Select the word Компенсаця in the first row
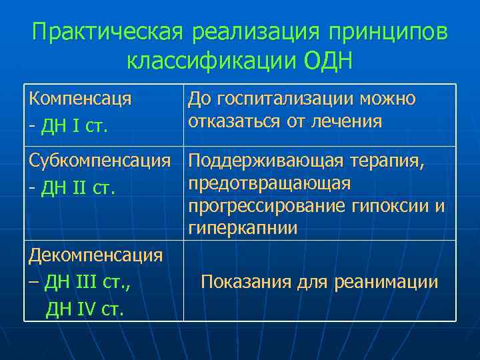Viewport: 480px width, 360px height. coord(80,99)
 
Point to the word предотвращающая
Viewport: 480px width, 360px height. coord(269,183)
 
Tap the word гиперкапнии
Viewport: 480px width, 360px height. coord(243,229)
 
